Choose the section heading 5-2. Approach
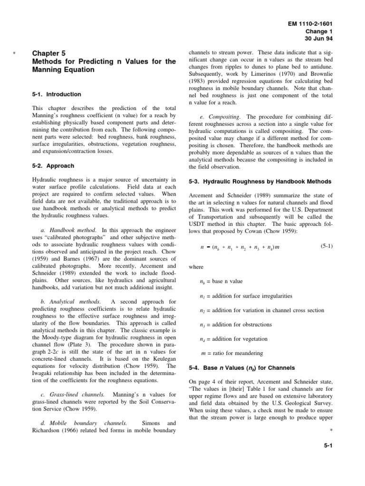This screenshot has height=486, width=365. (x=52, y=166)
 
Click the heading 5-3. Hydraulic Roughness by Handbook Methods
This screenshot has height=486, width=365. (x=260, y=182)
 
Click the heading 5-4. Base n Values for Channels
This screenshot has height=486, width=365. (x=242, y=367)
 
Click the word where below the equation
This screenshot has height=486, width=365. (x=196, y=267)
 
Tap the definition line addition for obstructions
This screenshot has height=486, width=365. (x=236, y=325)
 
